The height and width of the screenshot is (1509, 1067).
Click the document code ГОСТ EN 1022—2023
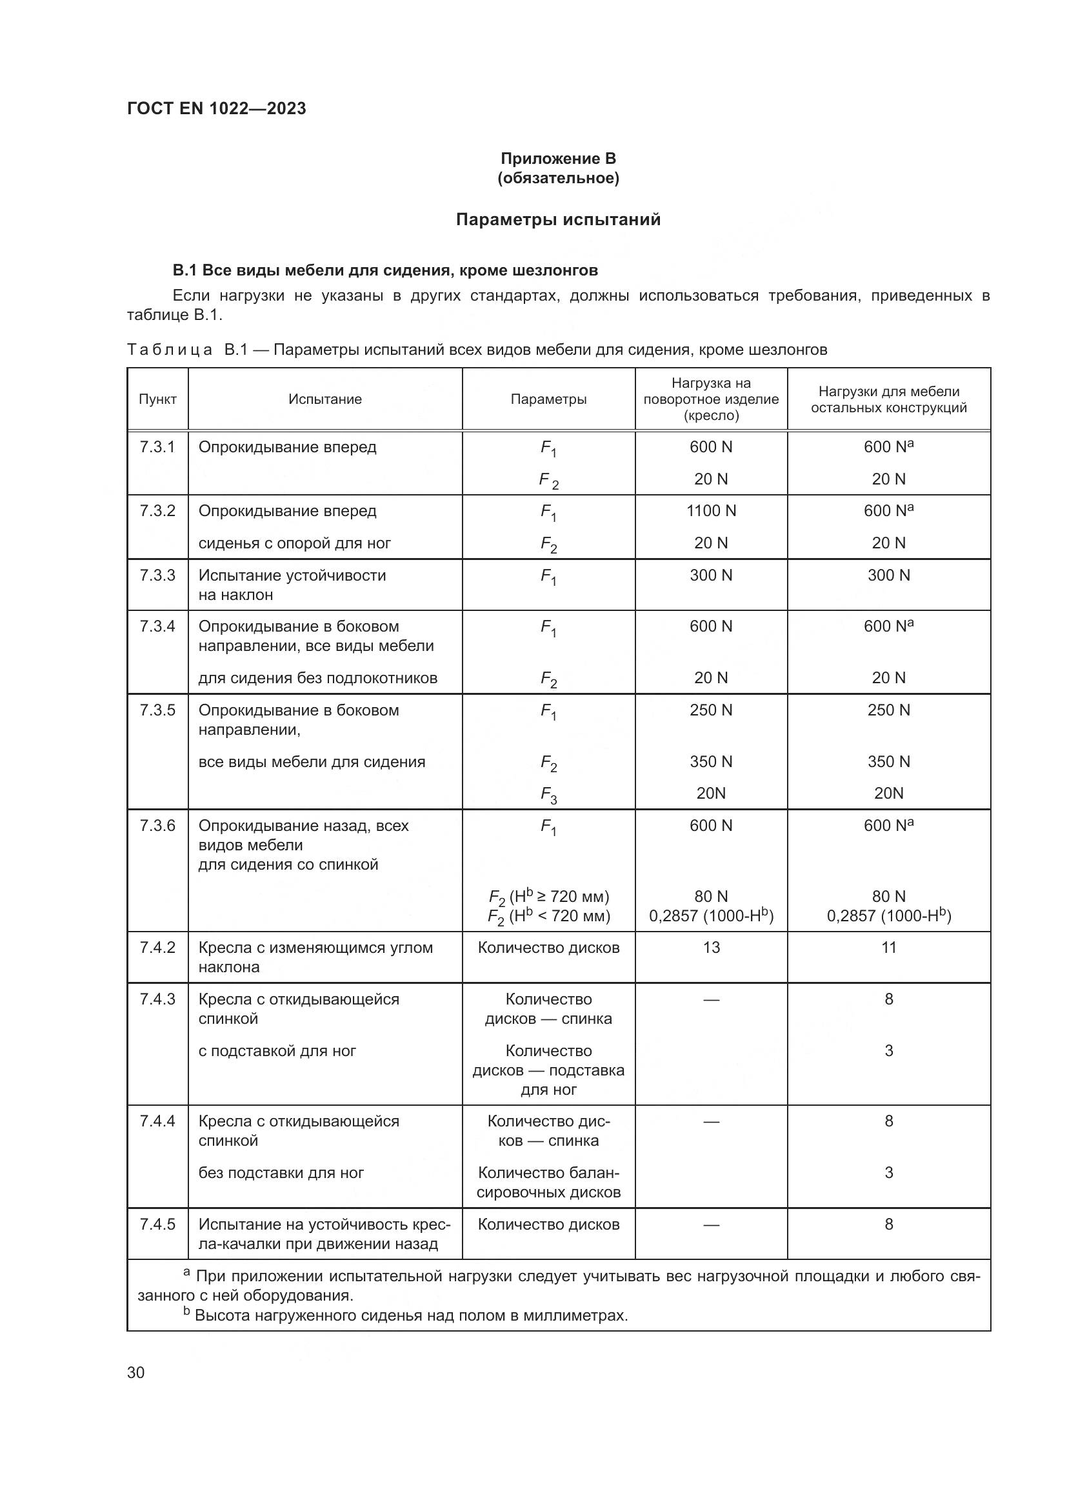tap(216, 108)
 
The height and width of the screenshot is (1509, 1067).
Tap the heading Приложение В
tap(558, 159)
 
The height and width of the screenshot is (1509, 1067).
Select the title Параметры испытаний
tap(558, 219)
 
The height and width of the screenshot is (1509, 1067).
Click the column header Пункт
tap(157, 399)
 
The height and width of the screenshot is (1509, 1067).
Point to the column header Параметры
tap(548, 399)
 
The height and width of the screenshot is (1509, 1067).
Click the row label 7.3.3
tap(157, 575)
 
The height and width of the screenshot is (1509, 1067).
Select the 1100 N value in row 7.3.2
tap(711, 511)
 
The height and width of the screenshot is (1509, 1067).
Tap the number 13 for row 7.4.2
tap(711, 947)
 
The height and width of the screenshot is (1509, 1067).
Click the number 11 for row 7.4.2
tap(888, 947)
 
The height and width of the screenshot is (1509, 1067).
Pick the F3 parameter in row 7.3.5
tap(548, 795)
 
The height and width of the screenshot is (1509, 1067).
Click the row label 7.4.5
tap(157, 1224)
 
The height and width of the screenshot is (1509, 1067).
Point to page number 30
tap(136, 1372)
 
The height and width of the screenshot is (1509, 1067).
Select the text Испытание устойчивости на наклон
tap(292, 585)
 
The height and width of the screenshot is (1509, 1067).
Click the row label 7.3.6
tap(157, 826)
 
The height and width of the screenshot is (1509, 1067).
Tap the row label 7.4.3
tap(157, 999)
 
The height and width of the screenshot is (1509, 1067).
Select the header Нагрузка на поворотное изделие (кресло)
tap(711, 399)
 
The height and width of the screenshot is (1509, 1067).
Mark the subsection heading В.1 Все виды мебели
tap(385, 270)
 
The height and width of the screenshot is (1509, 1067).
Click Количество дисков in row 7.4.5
tap(548, 1224)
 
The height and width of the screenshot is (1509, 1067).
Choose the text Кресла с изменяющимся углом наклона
tap(315, 957)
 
